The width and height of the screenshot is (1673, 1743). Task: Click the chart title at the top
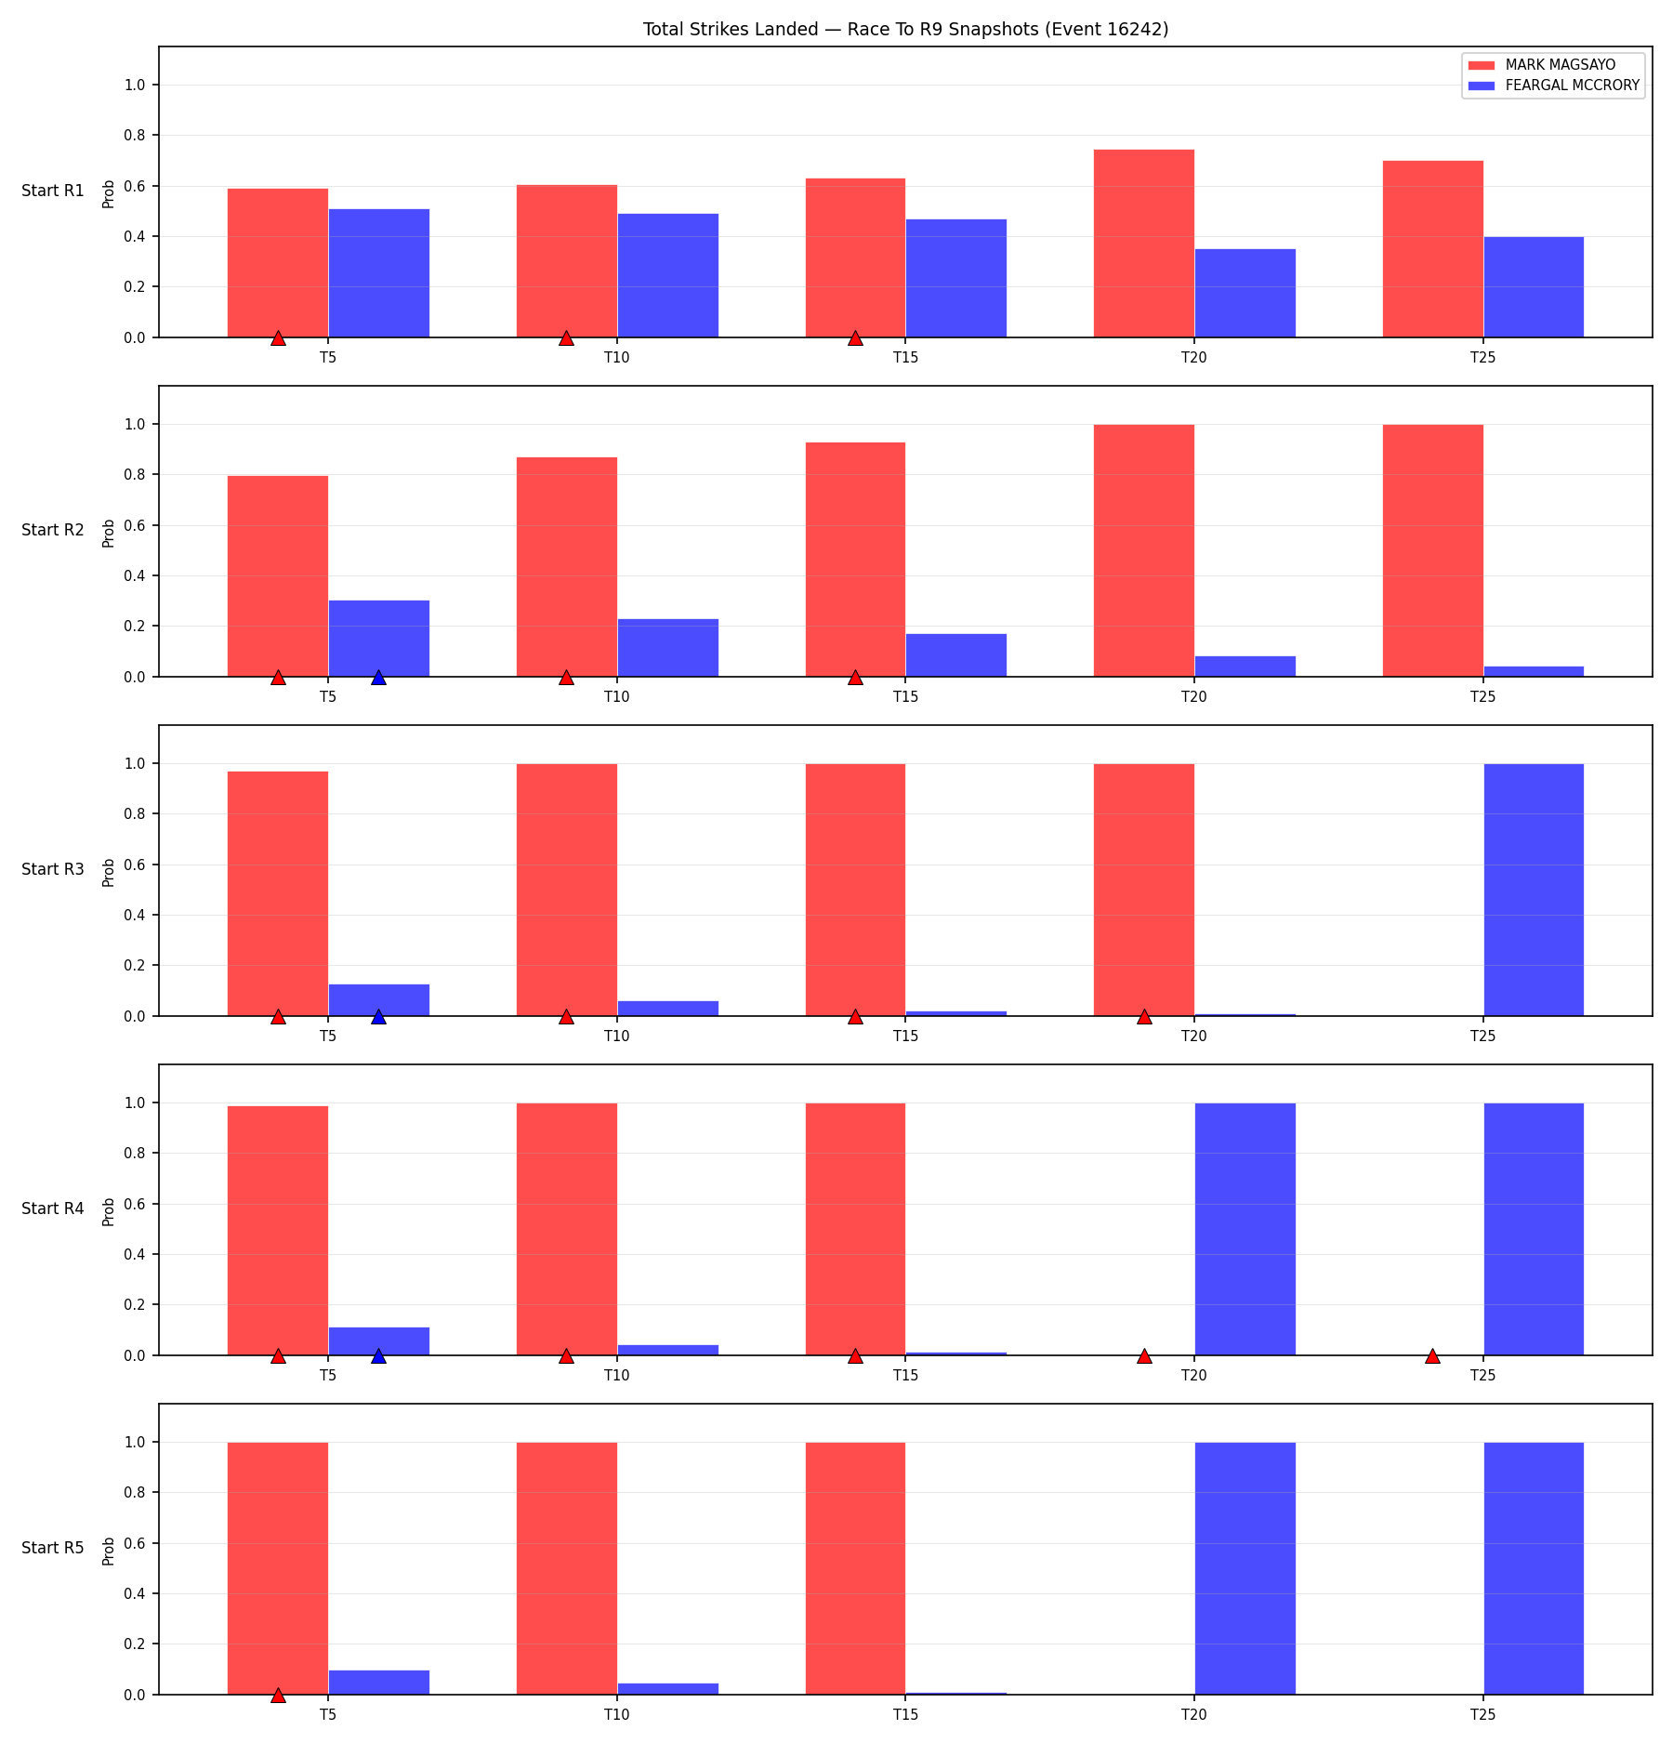coord(905,29)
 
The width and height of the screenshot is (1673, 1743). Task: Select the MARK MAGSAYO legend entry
coord(1542,65)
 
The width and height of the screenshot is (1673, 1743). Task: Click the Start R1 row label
coord(53,191)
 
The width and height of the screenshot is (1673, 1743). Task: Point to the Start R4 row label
coord(53,1208)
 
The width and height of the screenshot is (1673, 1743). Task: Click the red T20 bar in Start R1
coord(1144,244)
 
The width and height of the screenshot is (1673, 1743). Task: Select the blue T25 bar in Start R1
coord(1534,287)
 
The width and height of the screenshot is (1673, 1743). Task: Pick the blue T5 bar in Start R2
coord(378,639)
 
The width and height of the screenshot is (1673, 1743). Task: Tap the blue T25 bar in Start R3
coord(1534,890)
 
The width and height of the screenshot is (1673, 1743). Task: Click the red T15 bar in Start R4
coord(855,1229)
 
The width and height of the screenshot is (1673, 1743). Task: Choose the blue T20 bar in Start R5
coord(1245,1568)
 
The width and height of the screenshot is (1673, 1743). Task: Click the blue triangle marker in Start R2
coord(378,677)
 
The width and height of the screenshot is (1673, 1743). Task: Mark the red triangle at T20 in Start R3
coord(1144,1016)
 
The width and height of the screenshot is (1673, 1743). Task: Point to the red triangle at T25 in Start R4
coord(1432,1355)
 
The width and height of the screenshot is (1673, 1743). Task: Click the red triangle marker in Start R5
coord(278,1695)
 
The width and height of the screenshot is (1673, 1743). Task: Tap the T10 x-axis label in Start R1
coord(617,357)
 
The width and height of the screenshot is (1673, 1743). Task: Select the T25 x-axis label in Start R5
coord(1483,1714)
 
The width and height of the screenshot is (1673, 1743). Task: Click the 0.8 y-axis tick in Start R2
coord(136,475)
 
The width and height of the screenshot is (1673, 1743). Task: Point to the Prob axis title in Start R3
coord(109,872)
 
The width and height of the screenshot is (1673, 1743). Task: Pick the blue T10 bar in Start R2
coord(667,648)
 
